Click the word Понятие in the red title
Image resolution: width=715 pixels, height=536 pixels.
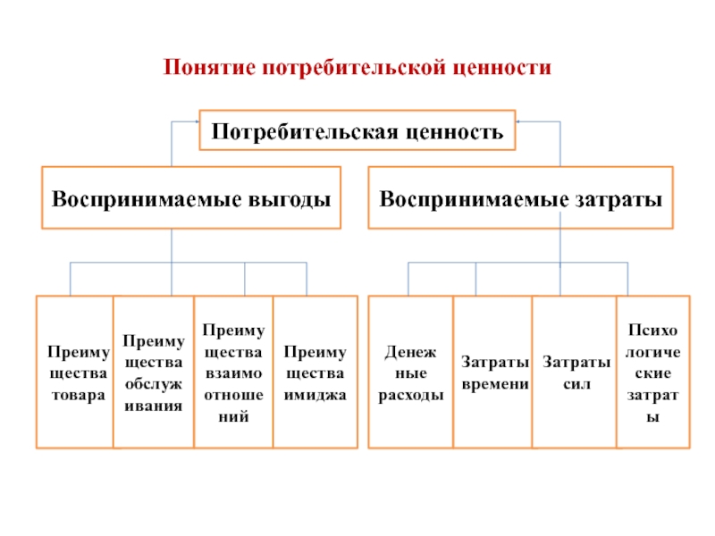[209, 68]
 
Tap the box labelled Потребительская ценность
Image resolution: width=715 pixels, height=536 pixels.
[357, 130]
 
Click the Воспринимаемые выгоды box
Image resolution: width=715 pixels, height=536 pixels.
[191, 197]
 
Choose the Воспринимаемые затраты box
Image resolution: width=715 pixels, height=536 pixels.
[520, 197]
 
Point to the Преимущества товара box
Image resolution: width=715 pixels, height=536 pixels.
[75, 372]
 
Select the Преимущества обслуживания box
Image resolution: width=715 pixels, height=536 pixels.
[154, 372]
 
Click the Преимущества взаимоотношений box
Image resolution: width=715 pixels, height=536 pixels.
[233, 372]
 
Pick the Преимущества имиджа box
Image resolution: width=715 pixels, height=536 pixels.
[315, 372]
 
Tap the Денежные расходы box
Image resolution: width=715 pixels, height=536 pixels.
[411, 372]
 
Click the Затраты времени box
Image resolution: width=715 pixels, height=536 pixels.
[493, 372]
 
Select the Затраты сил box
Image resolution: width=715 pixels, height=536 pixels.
[575, 372]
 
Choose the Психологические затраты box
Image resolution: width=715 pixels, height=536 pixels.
[653, 372]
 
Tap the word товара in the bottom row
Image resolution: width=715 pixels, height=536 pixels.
[79, 395]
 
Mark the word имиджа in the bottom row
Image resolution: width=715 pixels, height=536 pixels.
[315, 395]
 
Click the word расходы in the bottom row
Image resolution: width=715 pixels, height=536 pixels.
[411, 396]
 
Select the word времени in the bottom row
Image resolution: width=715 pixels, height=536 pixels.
[495, 384]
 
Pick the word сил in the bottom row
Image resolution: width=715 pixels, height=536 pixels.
[576, 384]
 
